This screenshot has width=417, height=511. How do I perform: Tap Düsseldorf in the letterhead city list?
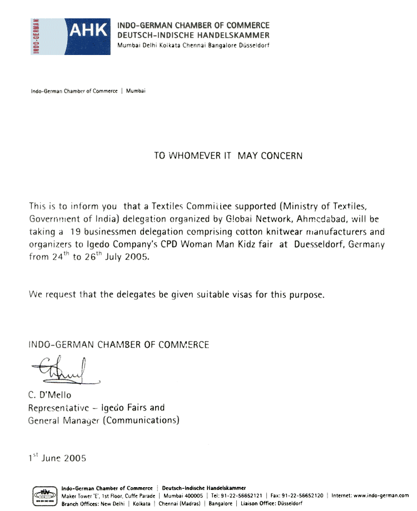click(x=253, y=45)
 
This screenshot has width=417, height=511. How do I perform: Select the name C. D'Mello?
click(x=50, y=395)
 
